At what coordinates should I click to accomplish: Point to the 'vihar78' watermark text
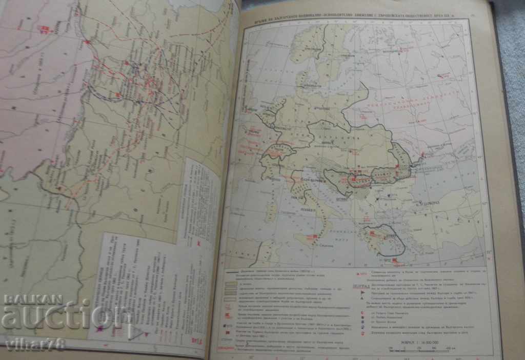click(34, 344)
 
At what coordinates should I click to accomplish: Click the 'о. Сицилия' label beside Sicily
click(320, 246)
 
